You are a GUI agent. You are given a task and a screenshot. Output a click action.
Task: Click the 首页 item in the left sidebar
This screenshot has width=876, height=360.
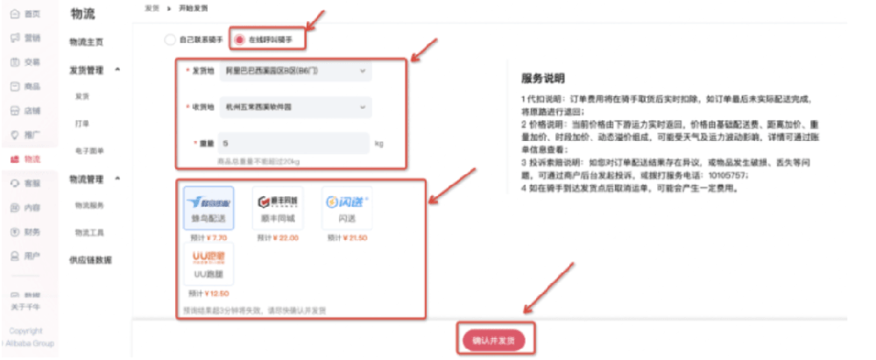click(x=26, y=14)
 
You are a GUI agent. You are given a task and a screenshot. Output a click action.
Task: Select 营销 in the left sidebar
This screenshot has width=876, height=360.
click(x=26, y=38)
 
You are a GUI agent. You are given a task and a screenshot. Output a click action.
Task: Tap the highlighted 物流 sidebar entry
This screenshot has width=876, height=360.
click(x=26, y=159)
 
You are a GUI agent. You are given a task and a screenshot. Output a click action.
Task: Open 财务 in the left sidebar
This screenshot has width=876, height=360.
click(x=26, y=232)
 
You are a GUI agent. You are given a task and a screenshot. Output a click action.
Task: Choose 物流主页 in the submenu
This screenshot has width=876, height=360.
click(x=86, y=42)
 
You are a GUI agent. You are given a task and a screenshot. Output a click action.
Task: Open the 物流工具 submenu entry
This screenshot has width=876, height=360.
click(x=88, y=232)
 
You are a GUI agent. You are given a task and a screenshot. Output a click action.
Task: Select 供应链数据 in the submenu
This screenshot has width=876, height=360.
click(x=90, y=260)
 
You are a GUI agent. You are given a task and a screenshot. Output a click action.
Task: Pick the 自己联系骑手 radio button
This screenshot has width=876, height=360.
click(x=170, y=39)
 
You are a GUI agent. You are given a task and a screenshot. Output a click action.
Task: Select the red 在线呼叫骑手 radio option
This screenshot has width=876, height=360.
click(x=239, y=39)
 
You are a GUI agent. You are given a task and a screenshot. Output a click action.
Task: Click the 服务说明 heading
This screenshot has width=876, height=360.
click(x=543, y=78)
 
